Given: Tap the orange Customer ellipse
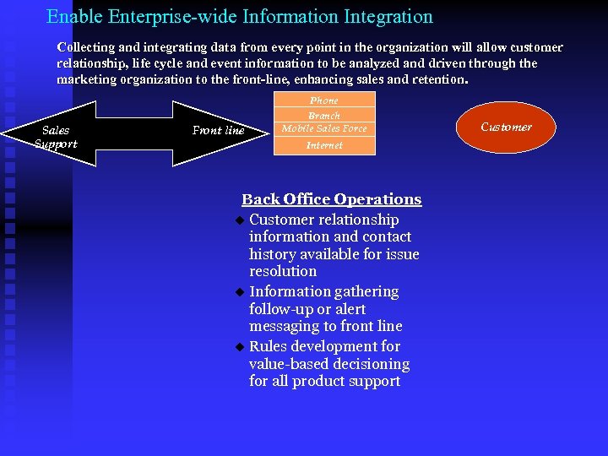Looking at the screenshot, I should click(x=506, y=128).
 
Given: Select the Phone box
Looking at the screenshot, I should click(x=324, y=100).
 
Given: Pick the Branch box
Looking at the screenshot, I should click(x=324, y=115).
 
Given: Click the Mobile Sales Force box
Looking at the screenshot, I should click(x=324, y=128).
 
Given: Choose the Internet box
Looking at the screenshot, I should click(x=324, y=145).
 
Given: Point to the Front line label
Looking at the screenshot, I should click(x=218, y=130).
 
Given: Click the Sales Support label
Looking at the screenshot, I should click(x=56, y=137).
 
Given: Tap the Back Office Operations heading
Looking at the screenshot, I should click(x=331, y=199).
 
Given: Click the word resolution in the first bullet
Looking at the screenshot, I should click(x=283, y=272).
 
